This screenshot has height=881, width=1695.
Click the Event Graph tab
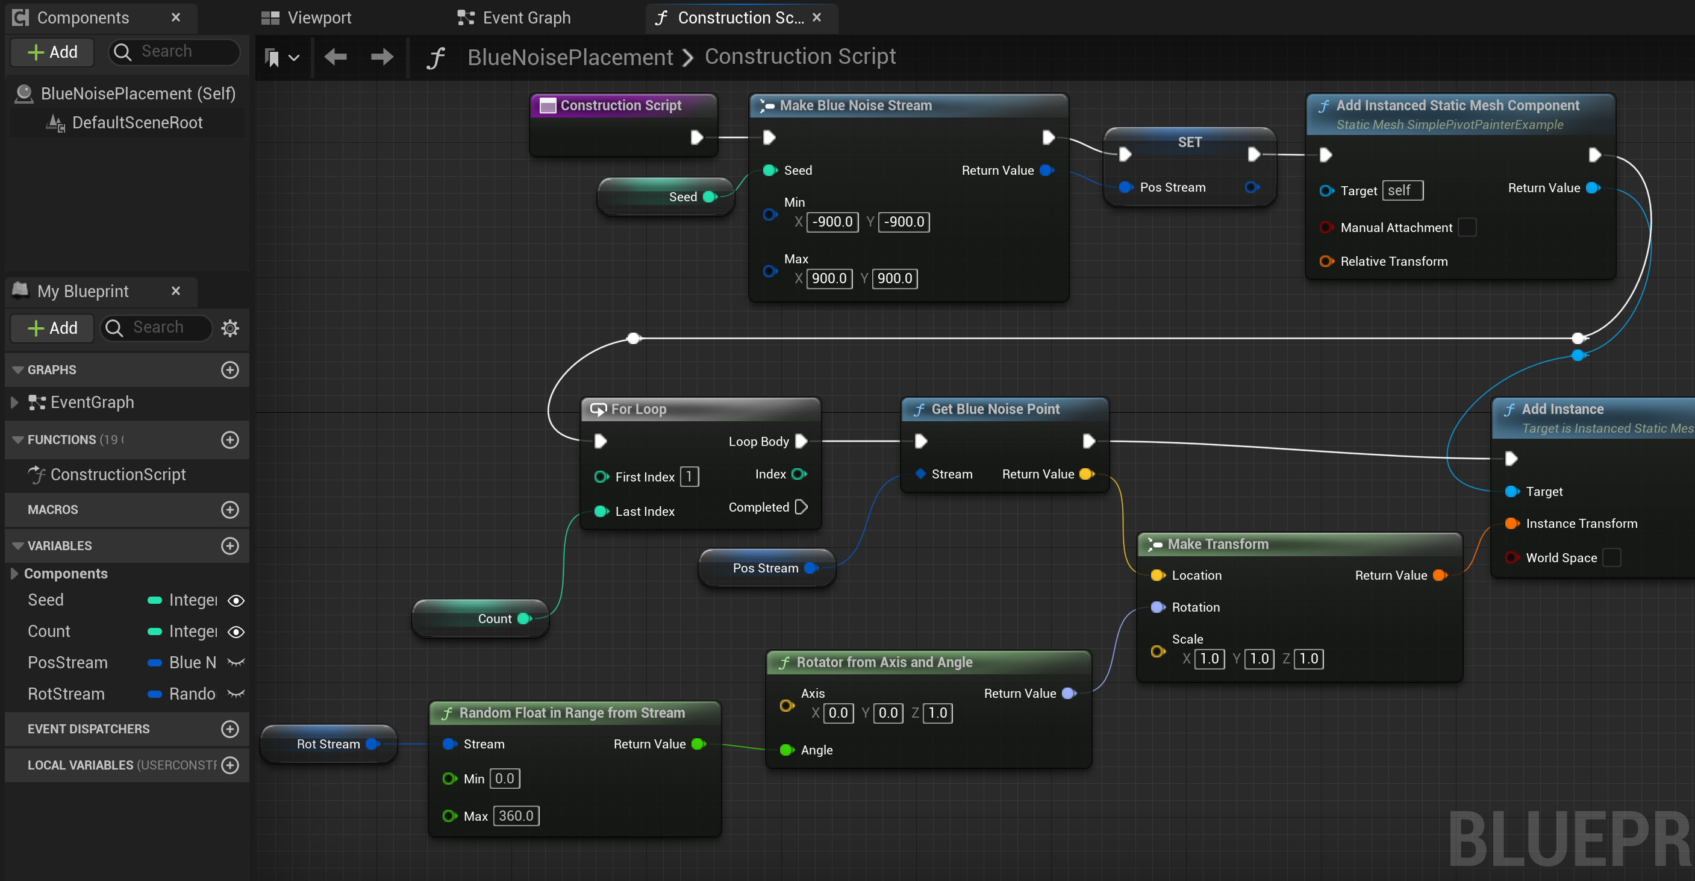pos(514,18)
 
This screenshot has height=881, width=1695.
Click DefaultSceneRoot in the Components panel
pos(137,123)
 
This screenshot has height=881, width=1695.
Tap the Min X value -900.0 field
pos(832,222)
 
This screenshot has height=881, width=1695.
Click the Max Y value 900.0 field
pos(894,278)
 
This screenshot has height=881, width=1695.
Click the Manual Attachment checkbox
pos(1467,228)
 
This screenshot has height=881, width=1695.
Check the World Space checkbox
pos(1611,557)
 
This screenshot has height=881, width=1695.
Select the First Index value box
pos(689,477)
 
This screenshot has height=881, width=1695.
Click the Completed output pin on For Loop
pos(801,507)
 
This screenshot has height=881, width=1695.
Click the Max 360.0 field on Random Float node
pos(516,816)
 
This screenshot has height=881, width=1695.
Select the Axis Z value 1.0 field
pos(937,713)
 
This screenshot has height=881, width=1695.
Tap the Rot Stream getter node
pos(328,744)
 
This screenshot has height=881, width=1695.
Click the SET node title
pos(1189,142)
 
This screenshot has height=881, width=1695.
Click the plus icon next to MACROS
pos(229,510)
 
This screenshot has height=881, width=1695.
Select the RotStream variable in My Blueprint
pos(66,694)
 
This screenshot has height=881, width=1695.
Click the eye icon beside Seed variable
pos(236,601)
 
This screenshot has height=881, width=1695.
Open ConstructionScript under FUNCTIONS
pos(118,475)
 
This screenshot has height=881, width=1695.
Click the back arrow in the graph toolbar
pos(336,57)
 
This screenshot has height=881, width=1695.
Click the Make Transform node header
pos(1218,544)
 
